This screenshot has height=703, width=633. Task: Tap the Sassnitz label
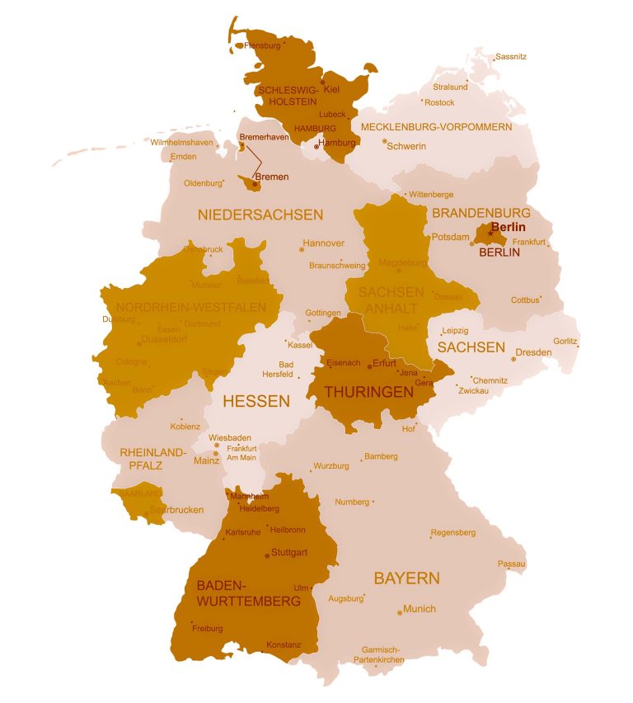click(511, 57)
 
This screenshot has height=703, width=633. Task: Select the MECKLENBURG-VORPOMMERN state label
click(436, 127)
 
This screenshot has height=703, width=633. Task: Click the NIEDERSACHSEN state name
click(260, 215)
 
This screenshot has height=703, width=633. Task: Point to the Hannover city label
click(323, 243)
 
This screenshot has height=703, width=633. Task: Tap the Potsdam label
click(451, 237)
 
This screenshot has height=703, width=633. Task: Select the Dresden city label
click(533, 352)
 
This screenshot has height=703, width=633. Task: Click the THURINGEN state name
click(368, 393)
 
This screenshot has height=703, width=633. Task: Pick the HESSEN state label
click(257, 402)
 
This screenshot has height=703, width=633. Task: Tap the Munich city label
click(420, 609)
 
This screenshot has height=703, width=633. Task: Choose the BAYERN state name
click(407, 578)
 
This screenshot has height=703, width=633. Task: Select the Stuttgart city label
click(289, 552)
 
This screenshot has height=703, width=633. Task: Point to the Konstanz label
click(284, 644)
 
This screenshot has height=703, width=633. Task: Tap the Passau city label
click(511, 564)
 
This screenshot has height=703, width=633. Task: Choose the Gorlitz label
click(565, 341)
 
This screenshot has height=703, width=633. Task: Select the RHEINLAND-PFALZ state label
click(153, 459)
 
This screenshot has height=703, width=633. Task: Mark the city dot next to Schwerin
click(384, 141)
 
